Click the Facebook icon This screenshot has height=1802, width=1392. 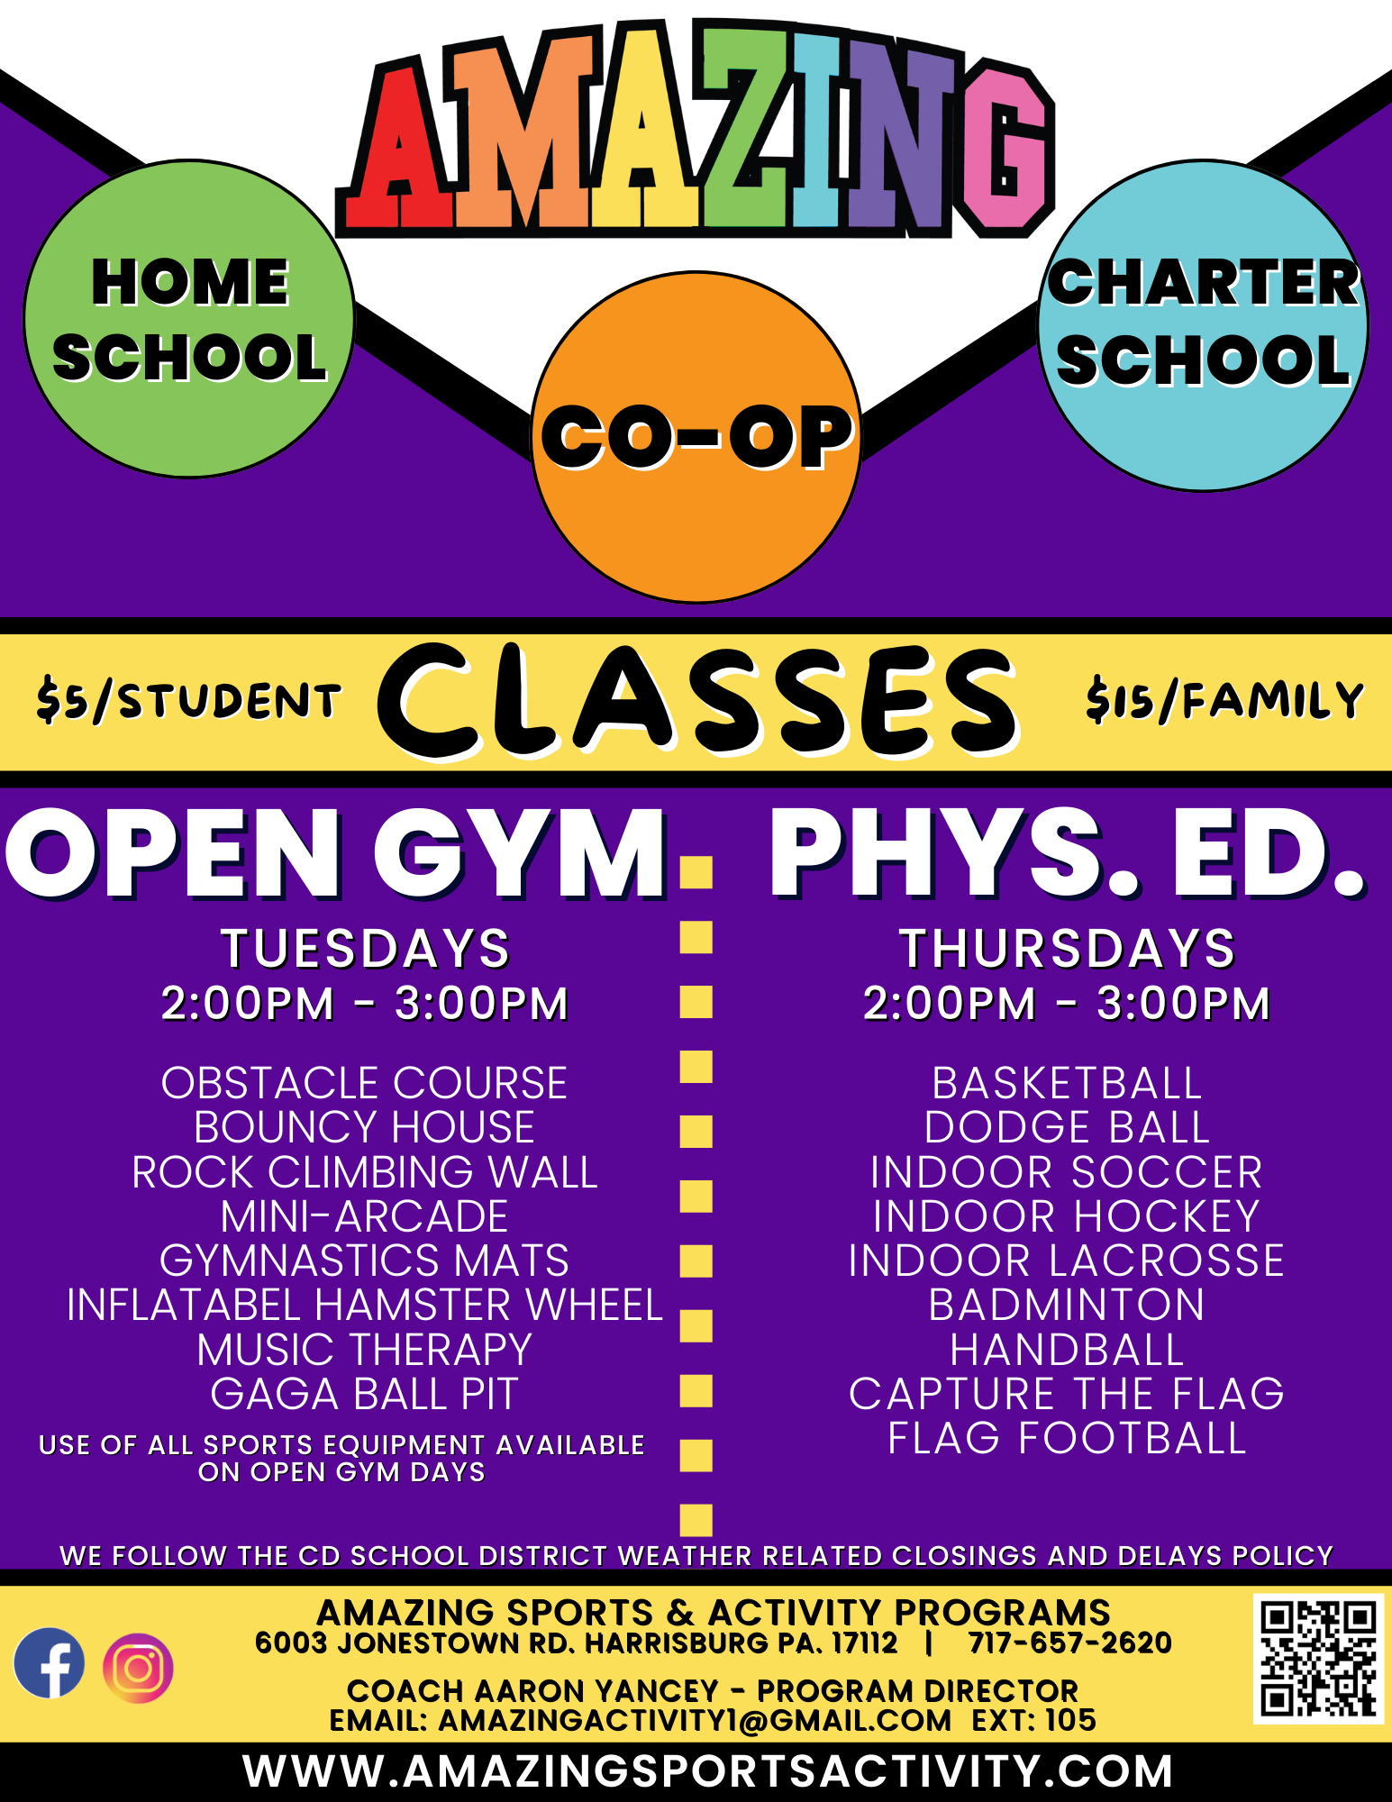(50, 1663)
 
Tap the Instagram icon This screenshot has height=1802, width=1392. (138, 1668)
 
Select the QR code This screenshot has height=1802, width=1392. (1318, 1659)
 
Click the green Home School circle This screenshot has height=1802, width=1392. (189, 319)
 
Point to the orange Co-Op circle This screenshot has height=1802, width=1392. (696, 437)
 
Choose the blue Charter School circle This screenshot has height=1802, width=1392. (1203, 326)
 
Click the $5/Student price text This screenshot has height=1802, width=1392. (189, 701)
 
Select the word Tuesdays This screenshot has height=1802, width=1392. (366, 948)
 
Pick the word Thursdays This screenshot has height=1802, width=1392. (1068, 948)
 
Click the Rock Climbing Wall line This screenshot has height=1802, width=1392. (365, 1171)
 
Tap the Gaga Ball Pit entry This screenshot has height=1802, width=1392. (365, 1393)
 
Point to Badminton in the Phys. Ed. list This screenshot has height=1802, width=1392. (1067, 1305)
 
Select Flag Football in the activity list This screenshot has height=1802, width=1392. (1067, 1438)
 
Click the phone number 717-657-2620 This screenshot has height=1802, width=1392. (1070, 1643)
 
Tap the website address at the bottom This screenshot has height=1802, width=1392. (708, 1770)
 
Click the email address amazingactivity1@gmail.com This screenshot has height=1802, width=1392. (695, 1720)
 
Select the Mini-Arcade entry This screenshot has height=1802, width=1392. (365, 1216)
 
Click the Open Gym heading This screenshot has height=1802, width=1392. (335, 853)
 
